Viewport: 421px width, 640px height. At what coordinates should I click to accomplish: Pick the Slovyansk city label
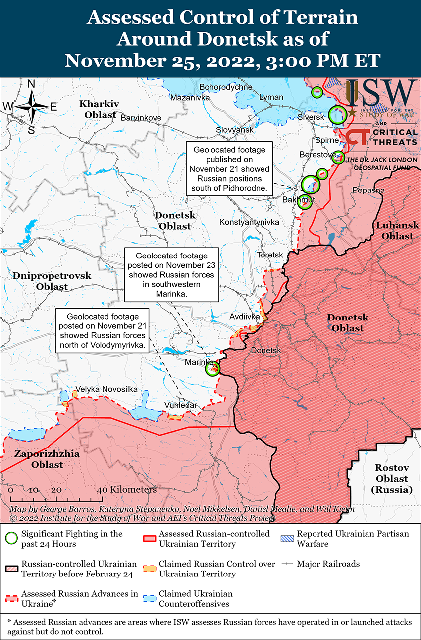pyautogui.click(x=235, y=130)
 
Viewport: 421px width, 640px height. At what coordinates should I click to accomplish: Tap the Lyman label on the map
pyautogui.click(x=271, y=97)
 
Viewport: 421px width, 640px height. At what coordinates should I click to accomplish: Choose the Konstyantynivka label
pyautogui.click(x=249, y=222)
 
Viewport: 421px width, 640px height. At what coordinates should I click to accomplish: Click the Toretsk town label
pyautogui.click(x=270, y=255)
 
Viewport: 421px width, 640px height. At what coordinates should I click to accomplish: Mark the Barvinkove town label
pyautogui.click(x=141, y=118)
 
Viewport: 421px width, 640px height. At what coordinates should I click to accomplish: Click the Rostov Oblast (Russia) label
pyautogui.click(x=391, y=479)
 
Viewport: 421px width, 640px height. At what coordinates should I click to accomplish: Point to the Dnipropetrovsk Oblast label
pyautogui.click(x=52, y=281)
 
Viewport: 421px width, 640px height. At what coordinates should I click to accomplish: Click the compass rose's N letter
pyautogui.click(x=31, y=84)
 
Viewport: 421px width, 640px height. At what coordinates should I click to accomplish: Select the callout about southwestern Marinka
pyautogui.click(x=171, y=274)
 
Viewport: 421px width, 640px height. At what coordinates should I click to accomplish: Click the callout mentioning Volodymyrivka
pyautogui.click(x=103, y=330)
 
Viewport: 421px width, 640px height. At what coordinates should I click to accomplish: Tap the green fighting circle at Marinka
pyautogui.click(x=212, y=368)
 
